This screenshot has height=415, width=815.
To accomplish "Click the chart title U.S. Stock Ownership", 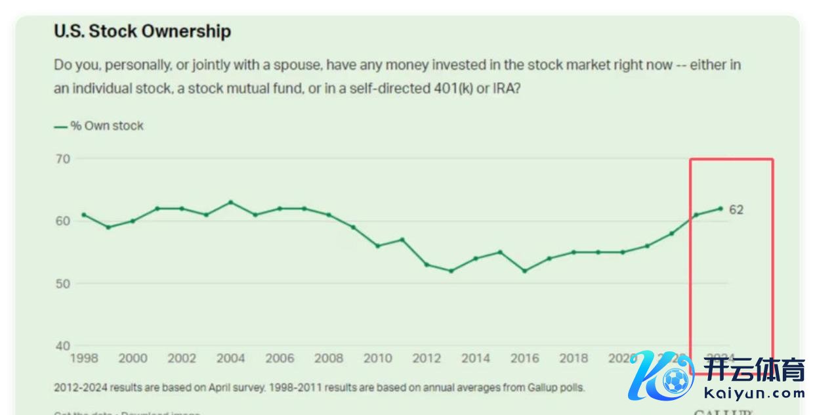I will tap(142, 31).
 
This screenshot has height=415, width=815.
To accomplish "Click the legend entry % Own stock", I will tap(106, 125).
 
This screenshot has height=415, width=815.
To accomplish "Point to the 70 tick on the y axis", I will tap(62, 158).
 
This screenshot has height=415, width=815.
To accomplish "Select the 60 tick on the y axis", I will tap(62, 221).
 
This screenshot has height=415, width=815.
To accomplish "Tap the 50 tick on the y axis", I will tap(62, 284).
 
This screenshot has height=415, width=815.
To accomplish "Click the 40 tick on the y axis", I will tap(62, 346).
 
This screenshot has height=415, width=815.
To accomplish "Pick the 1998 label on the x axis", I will tap(84, 359).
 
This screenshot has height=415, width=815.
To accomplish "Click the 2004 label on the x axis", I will tap(230, 359).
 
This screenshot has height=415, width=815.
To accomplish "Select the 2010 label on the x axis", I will tap(378, 359).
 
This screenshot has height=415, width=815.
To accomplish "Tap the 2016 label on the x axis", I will tap(524, 359).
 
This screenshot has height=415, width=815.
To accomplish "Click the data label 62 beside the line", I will tap(736, 210).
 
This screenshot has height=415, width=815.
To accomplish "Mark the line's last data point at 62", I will tap(721, 209).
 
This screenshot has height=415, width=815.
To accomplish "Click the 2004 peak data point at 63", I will tap(230, 202).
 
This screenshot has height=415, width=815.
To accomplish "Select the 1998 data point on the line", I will tap(84, 215).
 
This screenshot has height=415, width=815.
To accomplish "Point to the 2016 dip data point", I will tap(524, 271).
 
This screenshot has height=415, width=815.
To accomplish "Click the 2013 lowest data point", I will tap(451, 271).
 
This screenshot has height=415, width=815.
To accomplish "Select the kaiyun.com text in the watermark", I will tap(755, 393).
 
